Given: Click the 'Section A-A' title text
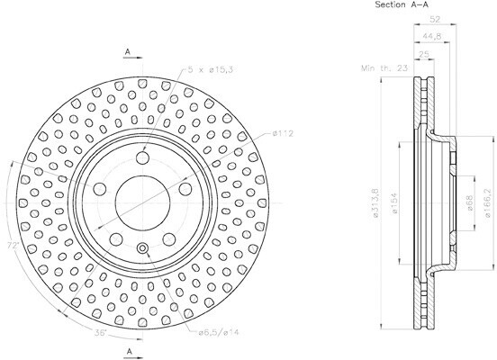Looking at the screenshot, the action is [402, 4].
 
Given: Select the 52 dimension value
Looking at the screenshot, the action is [435, 19].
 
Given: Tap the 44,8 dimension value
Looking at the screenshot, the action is [431, 36].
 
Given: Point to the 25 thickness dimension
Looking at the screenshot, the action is [424, 54].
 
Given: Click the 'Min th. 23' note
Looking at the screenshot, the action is [384, 68].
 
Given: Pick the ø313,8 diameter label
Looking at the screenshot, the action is [376, 202].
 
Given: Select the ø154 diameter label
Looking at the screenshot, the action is [394, 202].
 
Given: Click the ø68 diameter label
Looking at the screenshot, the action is [470, 202].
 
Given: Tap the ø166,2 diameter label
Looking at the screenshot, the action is [491, 202].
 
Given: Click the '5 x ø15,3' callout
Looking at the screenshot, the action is [211, 69].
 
